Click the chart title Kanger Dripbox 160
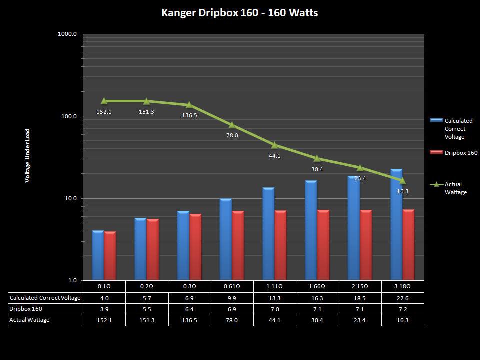point(239,13)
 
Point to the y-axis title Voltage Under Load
point(28,155)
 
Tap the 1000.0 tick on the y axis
point(68,34)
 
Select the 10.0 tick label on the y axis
point(69,198)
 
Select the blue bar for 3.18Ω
point(396,225)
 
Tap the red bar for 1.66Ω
point(324,244)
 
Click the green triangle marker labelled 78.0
point(232,125)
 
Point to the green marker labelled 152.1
point(104,101)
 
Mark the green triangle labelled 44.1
point(274,145)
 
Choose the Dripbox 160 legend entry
point(454,153)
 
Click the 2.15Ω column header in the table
point(360,286)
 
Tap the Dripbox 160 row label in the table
point(26,309)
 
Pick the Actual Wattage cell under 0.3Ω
point(189,320)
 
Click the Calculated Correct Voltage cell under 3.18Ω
point(402,298)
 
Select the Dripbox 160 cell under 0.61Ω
point(232,309)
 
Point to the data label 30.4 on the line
point(317,169)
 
